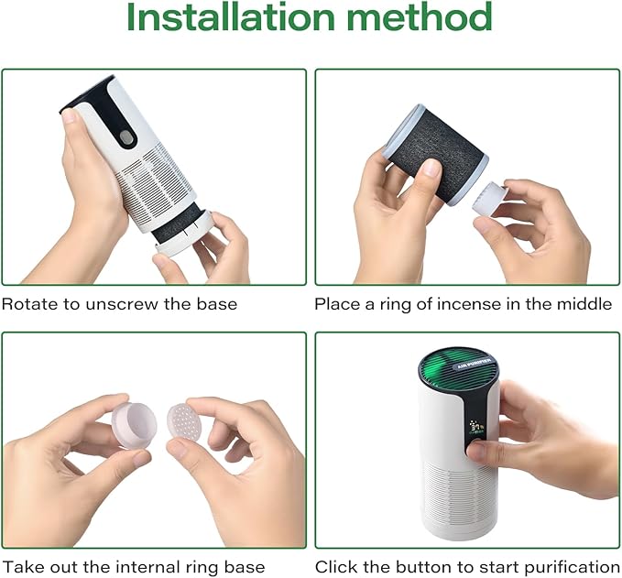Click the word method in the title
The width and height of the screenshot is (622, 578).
click(x=420, y=16)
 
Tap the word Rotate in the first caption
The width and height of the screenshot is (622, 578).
click(x=29, y=304)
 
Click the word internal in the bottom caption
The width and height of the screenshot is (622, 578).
click(x=138, y=567)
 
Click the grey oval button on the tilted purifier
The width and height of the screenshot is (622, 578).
click(x=126, y=138)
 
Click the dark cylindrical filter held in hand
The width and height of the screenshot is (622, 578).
click(x=435, y=155)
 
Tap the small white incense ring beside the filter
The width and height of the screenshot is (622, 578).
click(x=490, y=199)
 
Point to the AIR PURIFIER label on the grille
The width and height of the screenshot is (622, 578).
click(x=474, y=364)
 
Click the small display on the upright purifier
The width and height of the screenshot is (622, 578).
click(x=476, y=428)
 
